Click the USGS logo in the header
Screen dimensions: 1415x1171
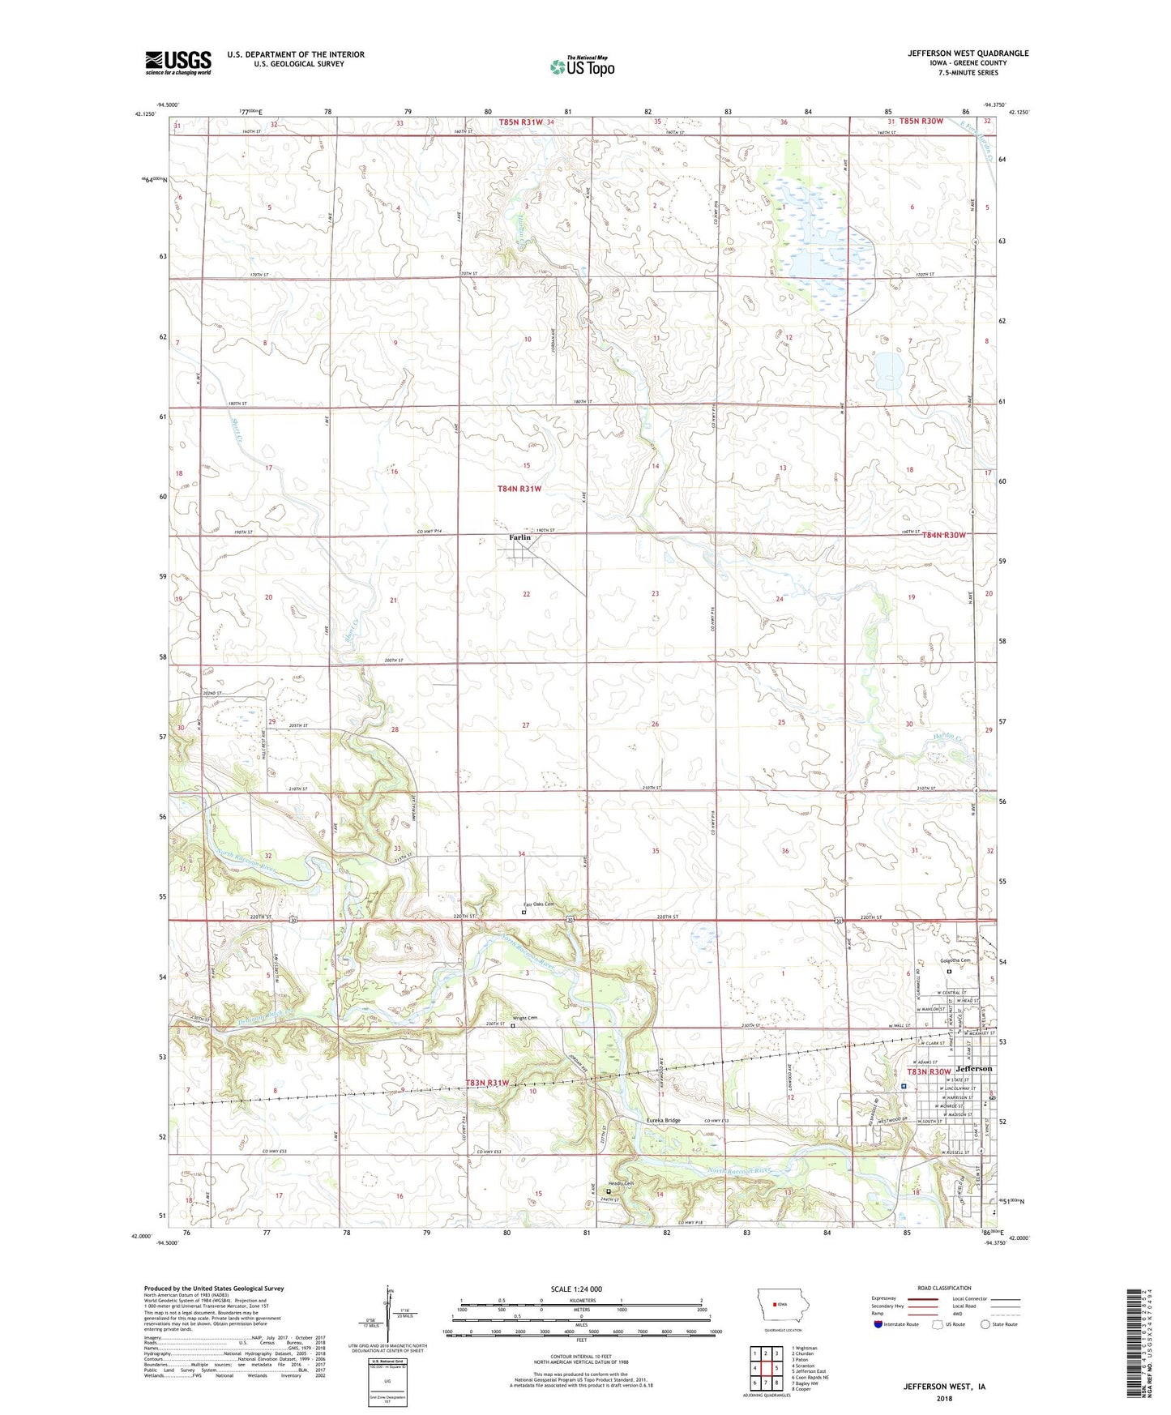coord(178,62)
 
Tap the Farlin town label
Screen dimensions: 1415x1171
coord(519,537)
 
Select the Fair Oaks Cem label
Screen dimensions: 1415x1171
coord(537,904)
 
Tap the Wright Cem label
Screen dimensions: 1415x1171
coord(524,1018)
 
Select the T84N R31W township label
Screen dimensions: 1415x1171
coord(519,489)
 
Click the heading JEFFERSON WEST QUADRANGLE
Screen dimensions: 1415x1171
coord(968,53)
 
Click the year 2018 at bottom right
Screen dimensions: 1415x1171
coord(944,1398)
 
